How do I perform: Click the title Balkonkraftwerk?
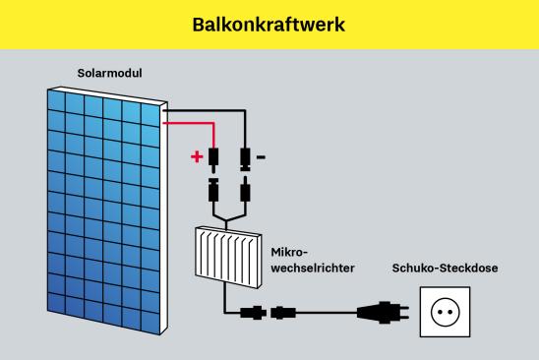(269, 24)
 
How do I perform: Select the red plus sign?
(197, 155)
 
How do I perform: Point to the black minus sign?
(261, 155)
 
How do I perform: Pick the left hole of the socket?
(438, 312)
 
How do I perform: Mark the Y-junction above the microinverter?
(228, 215)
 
